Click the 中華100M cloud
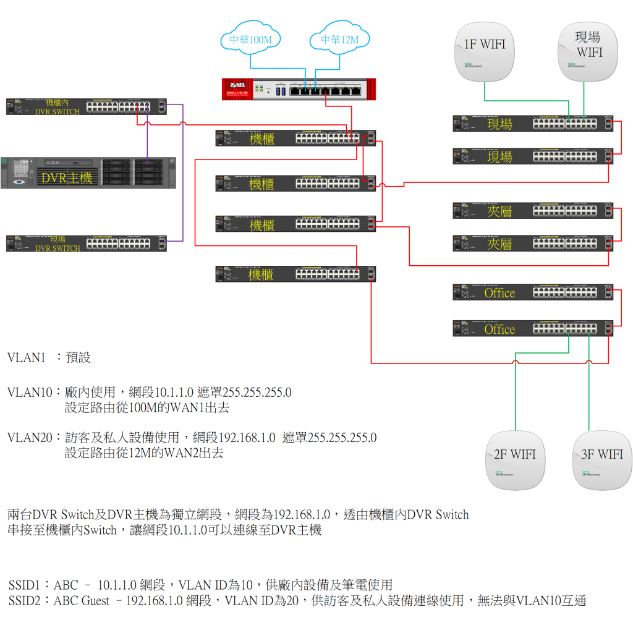click(x=250, y=40)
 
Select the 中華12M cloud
click(x=339, y=40)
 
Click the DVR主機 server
click(x=88, y=172)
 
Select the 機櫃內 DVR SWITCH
click(x=87, y=106)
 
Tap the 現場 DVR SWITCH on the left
click(x=87, y=244)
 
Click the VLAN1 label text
click(x=27, y=357)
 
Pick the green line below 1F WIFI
click(x=484, y=90)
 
